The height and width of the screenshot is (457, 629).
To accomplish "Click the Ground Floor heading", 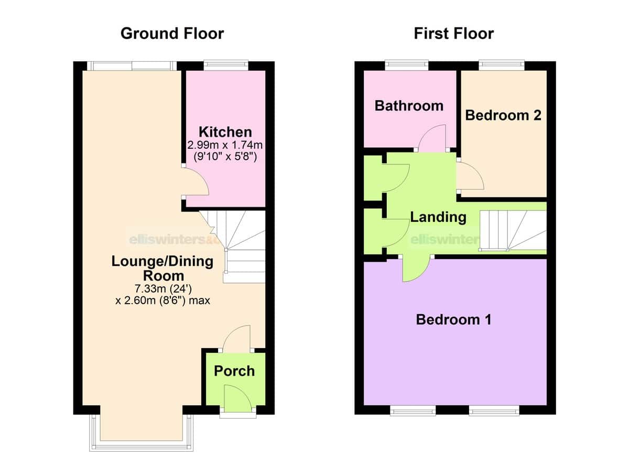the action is (x=172, y=34).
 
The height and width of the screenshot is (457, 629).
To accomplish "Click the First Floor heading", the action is (x=454, y=34).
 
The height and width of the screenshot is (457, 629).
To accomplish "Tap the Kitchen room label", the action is (x=225, y=132).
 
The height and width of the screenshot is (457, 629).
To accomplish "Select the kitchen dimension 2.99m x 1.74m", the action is (x=225, y=145).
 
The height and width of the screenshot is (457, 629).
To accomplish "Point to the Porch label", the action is (x=234, y=371).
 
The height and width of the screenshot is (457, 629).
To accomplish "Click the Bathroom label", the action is (x=409, y=106).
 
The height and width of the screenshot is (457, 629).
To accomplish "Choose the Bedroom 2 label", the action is (x=503, y=115).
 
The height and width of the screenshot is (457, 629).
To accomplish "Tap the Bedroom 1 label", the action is (x=454, y=320).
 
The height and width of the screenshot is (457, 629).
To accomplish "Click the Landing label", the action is (x=438, y=217).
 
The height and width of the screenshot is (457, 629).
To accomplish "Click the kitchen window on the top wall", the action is (x=226, y=65).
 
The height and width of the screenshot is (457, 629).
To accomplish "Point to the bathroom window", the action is (x=407, y=65).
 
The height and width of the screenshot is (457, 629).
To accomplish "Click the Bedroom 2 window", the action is (x=502, y=65).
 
